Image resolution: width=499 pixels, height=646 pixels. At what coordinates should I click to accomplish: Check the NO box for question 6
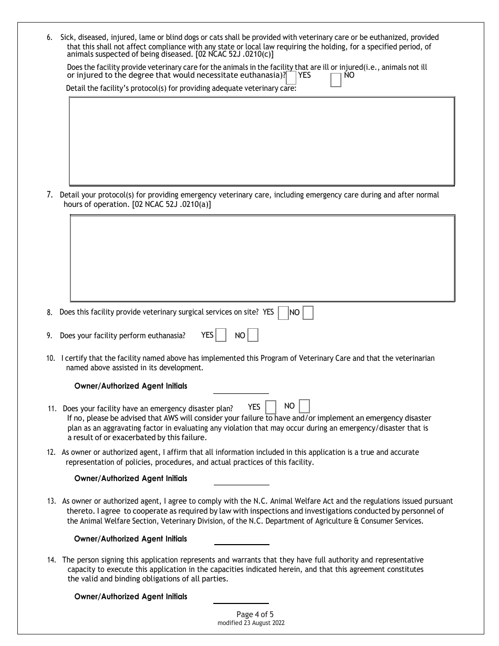click(x=336, y=80)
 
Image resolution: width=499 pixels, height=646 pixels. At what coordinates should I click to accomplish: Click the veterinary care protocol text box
click(x=262, y=141)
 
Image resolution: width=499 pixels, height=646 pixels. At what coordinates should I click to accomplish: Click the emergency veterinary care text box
click(x=262, y=258)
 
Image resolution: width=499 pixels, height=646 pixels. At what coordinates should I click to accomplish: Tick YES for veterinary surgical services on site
click(x=283, y=313)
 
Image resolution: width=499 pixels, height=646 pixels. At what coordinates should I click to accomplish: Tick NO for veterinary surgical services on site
click(x=308, y=313)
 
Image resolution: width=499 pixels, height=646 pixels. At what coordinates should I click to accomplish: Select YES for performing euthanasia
click(x=221, y=335)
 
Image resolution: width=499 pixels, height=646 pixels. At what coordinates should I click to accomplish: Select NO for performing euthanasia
click(x=253, y=335)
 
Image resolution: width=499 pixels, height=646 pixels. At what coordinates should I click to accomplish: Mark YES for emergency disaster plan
click(x=271, y=407)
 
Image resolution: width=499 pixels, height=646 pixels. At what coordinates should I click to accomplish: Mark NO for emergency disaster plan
click(x=304, y=407)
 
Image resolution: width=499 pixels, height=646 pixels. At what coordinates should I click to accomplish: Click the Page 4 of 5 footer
click(x=255, y=614)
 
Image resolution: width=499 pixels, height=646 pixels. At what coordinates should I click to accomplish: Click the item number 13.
click(x=51, y=501)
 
